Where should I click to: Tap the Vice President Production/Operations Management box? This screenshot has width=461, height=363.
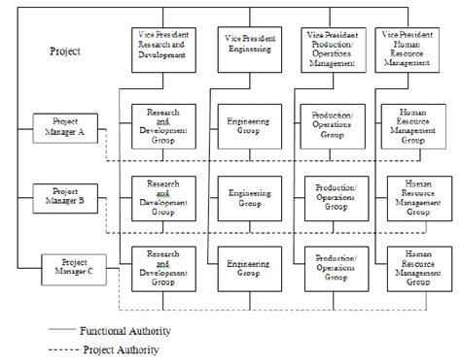point(328,48)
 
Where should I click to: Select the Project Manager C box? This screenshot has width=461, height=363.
point(74,266)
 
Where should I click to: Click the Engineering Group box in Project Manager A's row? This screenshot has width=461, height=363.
point(242,126)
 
